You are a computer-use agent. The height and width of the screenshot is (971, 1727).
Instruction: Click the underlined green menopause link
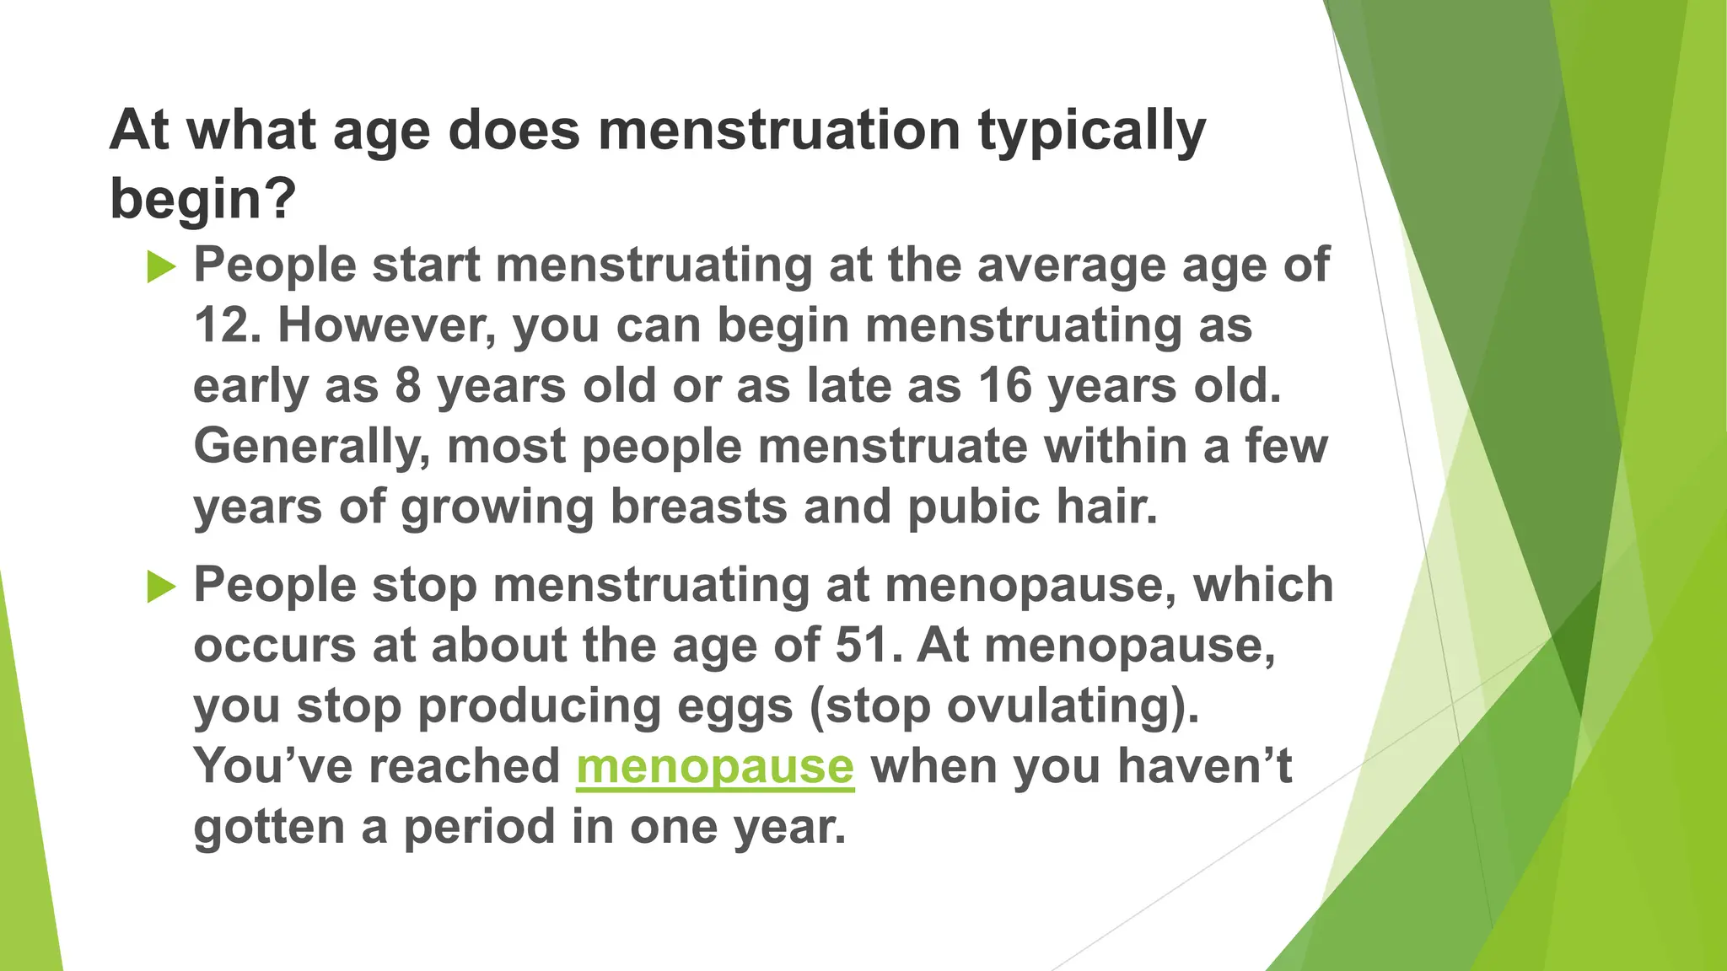pos(715,766)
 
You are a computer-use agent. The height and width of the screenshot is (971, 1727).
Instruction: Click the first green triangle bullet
pos(160,267)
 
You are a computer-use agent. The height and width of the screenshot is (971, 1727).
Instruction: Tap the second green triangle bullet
pos(160,586)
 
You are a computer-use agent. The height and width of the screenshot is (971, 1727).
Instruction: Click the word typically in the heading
pos(1091,132)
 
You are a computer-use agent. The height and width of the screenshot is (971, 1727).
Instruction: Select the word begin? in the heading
pos(203,199)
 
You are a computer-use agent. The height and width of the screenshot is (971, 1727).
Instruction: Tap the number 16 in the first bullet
pos(1005,386)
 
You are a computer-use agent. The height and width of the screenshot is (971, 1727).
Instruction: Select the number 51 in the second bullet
pos(862,646)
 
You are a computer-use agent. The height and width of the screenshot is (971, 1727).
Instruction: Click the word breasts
pos(698,507)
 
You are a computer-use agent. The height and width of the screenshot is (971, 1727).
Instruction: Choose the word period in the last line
pos(478,827)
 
